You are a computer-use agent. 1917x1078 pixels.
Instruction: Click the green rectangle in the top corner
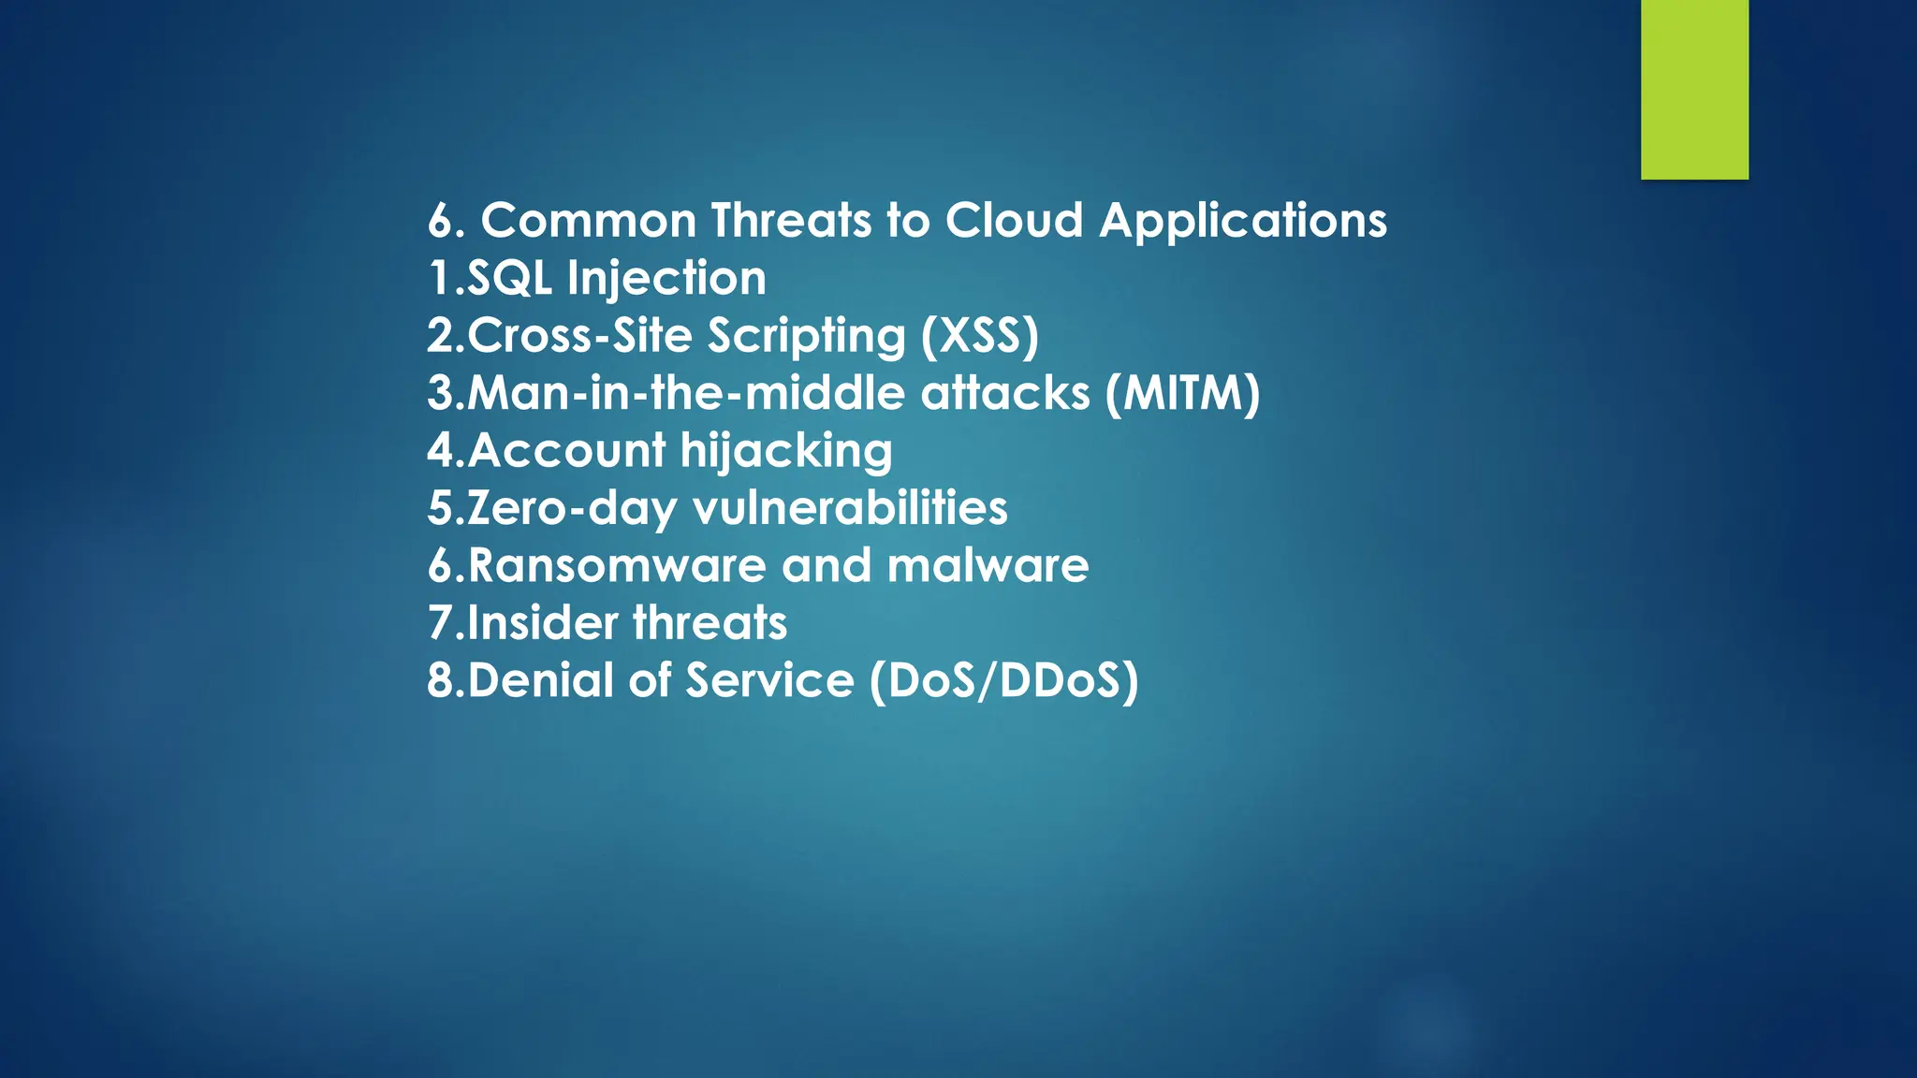click(x=1694, y=89)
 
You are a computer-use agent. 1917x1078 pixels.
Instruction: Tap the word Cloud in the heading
click(x=1014, y=221)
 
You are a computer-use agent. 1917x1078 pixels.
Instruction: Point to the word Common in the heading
click(x=588, y=221)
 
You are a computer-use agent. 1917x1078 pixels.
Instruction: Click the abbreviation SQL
click(x=509, y=279)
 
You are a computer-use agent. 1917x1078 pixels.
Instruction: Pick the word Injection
click(x=666, y=279)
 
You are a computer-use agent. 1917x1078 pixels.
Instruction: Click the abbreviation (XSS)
click(x=980, y=336)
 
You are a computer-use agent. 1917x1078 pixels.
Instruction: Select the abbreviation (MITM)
click(x=1182, y=393)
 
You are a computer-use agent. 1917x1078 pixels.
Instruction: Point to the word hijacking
click(x=786, y=452)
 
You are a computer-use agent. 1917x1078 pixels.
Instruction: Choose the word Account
click(x=566, y=451)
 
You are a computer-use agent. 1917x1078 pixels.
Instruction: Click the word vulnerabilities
click(x=850, y=508)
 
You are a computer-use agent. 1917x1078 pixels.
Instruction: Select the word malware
click(x=988, y=566)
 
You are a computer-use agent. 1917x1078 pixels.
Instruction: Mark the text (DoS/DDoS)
click(x=1003, y=681)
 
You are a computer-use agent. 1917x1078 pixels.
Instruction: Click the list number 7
click(x=439, y=623)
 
